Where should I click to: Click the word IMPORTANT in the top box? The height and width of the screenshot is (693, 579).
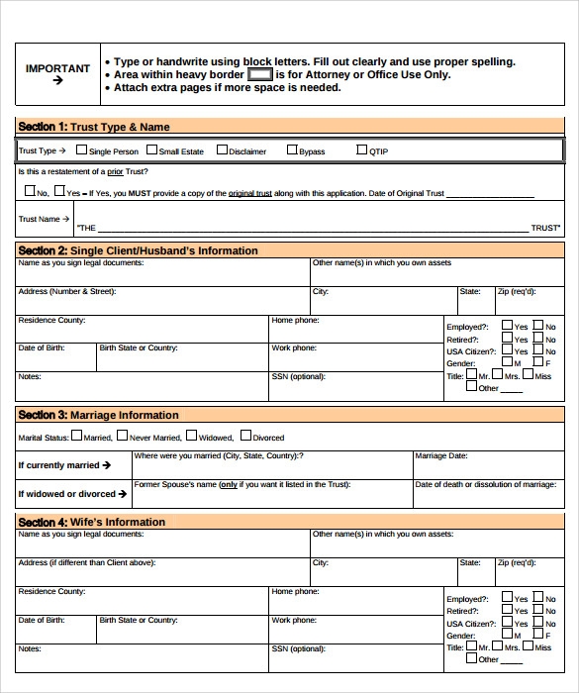pyautogui.click(x=57, y=68)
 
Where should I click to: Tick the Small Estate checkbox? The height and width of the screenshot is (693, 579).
pyautogui.click(x=151, y=150)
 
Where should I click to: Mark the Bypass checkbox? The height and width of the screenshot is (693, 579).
pyautogui.click(x=292, y=150)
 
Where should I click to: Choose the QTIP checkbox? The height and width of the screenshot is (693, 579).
pyautogui.click(x=361, y=150)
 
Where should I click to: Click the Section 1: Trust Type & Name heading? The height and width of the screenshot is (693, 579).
pyautogui.click(x=94, y=127)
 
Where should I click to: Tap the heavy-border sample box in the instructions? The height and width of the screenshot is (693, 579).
pyautogui.click(x=259, y=74)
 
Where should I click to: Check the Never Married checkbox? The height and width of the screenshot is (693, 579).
pyautogui.click(x=122, y=437)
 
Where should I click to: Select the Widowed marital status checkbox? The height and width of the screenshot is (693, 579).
pyautogui.click(x=191, y=437)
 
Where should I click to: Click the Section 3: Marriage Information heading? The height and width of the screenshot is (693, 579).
pyautogui.click(x=98, y=415)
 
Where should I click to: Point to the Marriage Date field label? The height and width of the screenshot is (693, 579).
pyautogui.click(x=441, y=456)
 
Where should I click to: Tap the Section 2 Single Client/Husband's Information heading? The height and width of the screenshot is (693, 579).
pyautogui.click(x=138, y=250)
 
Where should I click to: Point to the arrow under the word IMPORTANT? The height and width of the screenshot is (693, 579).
pyautogui.click(x=57, y=81)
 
